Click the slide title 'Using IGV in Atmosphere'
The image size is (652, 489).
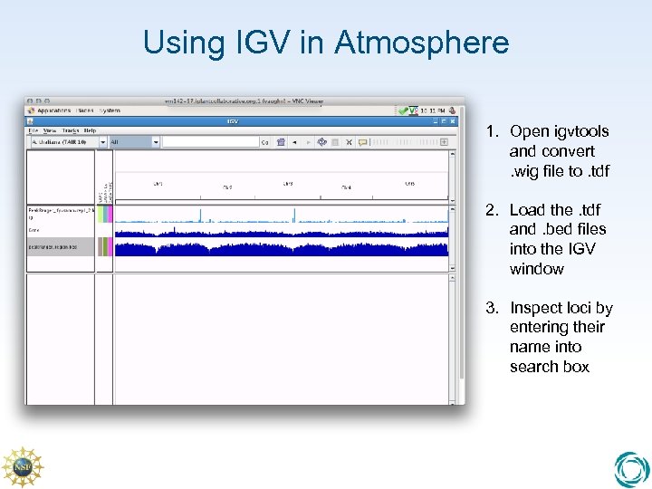(326, 43)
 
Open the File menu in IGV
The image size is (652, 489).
(33, 130)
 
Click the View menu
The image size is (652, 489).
(48, 130)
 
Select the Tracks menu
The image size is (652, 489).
(68, 130)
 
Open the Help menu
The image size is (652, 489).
(89, 130)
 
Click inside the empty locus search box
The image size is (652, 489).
(210, 142)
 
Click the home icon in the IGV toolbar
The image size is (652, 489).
(282, 142)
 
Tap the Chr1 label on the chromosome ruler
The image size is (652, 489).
(158, 184)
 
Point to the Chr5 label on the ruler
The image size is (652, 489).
(409, 184)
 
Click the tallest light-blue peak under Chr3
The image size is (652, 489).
(294, 214)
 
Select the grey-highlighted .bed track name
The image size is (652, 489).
(58, 246)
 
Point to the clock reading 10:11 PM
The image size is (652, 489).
(436, 110)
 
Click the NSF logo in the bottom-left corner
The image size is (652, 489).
(22, 466)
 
